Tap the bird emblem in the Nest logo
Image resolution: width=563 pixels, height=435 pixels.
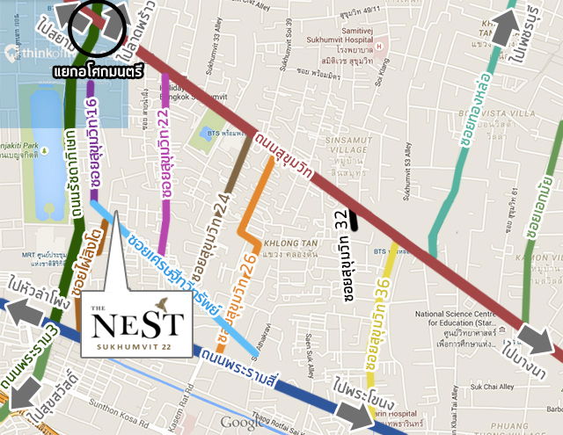point(160,305)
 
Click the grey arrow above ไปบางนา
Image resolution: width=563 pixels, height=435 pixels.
point(534,337)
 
